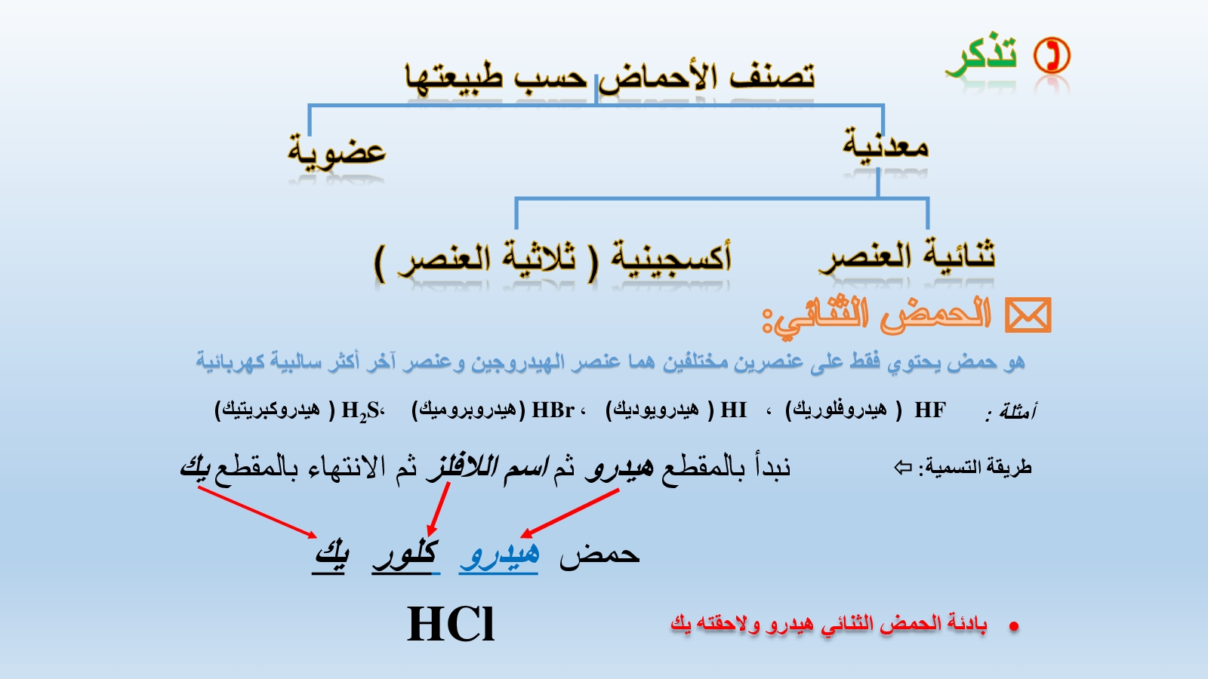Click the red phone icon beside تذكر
pos(1052,56)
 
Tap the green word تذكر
pos(981,57)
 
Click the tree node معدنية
pos(886,144)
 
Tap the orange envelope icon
pos(1028,315)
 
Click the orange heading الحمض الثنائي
pos(877,316)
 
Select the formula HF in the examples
pos(930,410)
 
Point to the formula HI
pos(733,410)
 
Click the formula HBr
pos(553,410)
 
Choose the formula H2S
pos(360,411)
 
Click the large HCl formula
pos(451,623)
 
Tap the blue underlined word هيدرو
pos(499,555)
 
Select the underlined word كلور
pos(405,555)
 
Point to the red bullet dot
pos(1014,626)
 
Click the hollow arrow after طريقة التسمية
pos(903,467)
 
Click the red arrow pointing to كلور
pos(439,508)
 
